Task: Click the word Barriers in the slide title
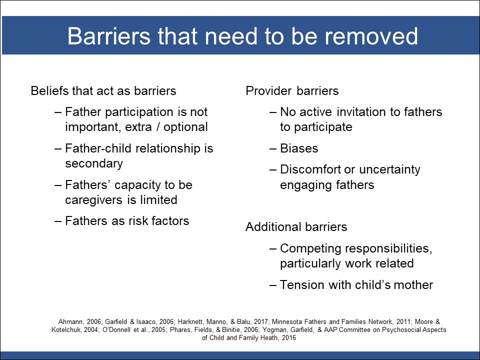point(109,36)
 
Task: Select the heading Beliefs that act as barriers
point(103,91)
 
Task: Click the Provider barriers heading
point(292,91)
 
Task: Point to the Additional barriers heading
point(296,227)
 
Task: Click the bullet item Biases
point(299,148)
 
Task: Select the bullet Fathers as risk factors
point(127,220)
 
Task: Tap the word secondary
point(94,164)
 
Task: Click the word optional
point(185,127)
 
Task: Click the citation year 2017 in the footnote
point(261,321)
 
